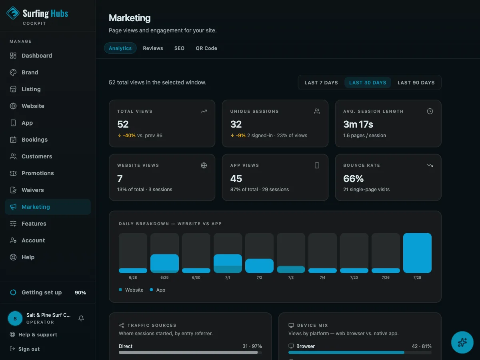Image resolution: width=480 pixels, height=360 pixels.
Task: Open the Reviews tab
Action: tap(153, 48)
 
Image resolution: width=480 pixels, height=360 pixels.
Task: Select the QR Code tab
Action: tap(206, 48)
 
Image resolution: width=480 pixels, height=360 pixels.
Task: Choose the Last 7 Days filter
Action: tap(321, 83)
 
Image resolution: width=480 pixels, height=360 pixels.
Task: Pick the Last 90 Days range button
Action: tap(416, 83)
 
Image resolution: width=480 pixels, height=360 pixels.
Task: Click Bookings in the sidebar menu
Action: tap(34, 140)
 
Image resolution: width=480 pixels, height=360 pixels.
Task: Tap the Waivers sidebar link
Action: tap(32, 190)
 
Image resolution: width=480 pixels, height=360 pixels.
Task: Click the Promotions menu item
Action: tap(38, 173)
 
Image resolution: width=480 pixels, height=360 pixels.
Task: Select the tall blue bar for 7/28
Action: tap(417, 253)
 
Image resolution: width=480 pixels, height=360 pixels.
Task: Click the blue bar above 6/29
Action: tap(164, 263)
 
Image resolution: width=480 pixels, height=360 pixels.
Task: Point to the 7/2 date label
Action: tap(259, 277)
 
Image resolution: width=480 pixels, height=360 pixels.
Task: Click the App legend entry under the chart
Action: tap(158, 290)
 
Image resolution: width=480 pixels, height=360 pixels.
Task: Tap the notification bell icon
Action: tap(81, 318)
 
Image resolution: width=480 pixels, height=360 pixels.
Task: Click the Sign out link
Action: tap(25, 349)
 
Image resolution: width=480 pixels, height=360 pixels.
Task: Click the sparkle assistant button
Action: tap(462, 342)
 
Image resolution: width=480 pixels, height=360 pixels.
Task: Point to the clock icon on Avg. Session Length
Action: tap(430, 111)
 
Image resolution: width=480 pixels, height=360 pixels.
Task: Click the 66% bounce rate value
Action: tap(353, 178)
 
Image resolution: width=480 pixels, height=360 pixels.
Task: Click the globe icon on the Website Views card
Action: tap(204, 166)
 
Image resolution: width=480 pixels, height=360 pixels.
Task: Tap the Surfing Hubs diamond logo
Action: tap(13, 13)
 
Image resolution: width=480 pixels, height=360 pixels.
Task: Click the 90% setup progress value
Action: tap(80, 292)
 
